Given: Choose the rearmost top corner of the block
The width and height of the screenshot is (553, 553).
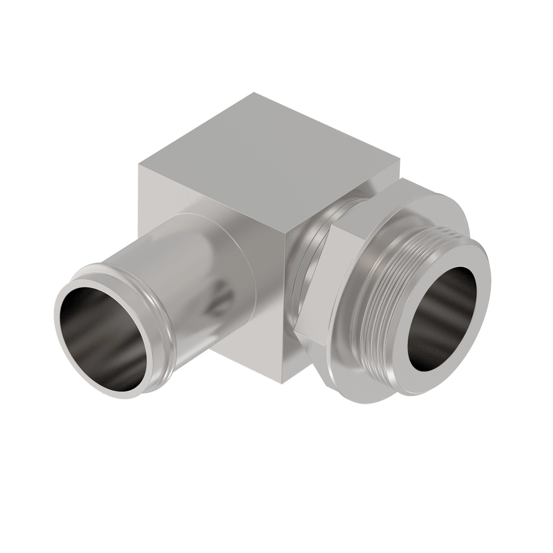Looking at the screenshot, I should (x=254, y=93).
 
